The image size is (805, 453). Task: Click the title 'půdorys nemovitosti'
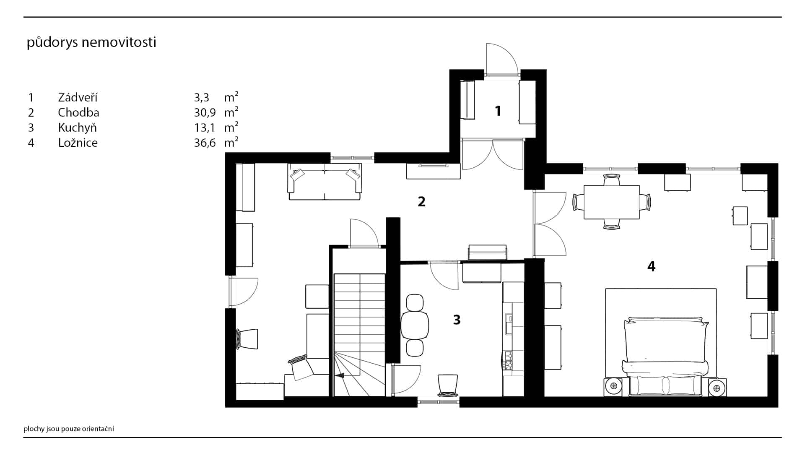(91, 43)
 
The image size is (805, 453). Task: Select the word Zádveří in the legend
(78, 97)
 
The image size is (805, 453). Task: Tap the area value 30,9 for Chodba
(205, 112)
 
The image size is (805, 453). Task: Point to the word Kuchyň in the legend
(78, 128)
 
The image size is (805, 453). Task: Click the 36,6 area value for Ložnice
(205, 143)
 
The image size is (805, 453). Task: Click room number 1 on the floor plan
(498, 111)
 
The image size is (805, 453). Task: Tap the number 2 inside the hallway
(421, 202)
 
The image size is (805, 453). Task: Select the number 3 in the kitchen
(457, 320)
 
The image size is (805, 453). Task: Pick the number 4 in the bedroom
(651, 266)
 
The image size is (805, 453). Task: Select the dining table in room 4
(612, 202)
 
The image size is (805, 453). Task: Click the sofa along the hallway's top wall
(325, 182)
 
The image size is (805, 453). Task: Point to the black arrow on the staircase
(340, 376)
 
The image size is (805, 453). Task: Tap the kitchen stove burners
(508, 361)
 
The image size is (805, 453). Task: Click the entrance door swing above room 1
(502, 59)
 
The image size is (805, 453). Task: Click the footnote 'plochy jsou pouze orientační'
(69, 429)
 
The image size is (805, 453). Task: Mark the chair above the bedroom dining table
(612, 180)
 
